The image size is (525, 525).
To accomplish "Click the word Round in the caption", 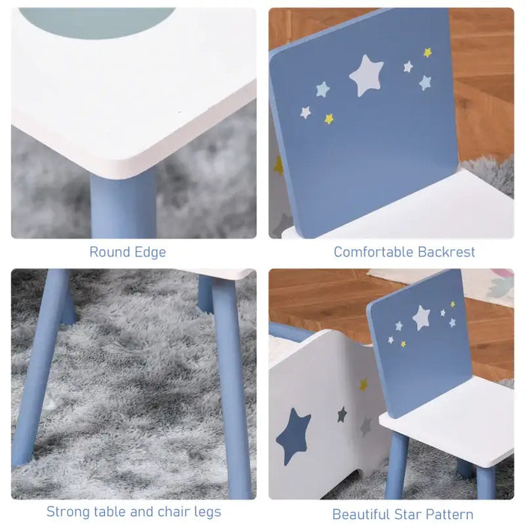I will (x=109, y=252).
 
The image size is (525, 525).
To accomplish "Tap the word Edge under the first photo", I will (x=148, y=252).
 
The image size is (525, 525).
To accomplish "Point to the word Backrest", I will (x=445, y=252).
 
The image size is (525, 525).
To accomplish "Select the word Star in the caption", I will (x=410, y=514).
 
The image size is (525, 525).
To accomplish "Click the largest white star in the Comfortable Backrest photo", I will (x=366, y=75).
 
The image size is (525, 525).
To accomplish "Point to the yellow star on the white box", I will (x=364, y=385).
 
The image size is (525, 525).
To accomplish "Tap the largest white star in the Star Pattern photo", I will (x=421, y=316).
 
